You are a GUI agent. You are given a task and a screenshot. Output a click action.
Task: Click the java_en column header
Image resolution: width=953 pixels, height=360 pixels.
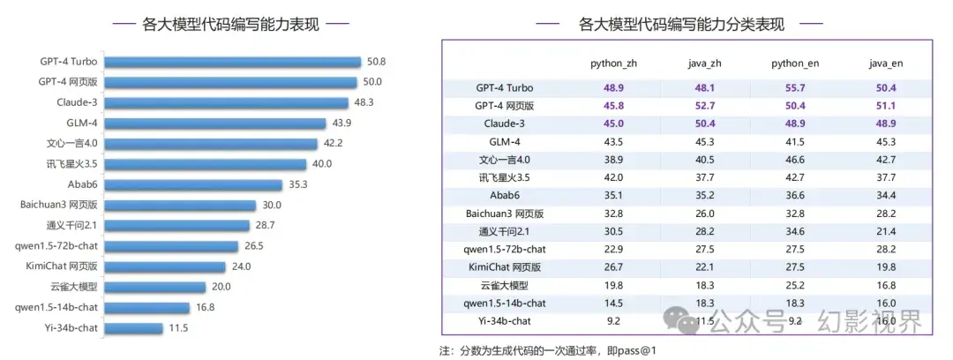pos(886,64)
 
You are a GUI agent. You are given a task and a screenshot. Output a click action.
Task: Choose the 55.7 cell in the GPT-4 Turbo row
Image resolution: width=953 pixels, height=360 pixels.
pos(794,88)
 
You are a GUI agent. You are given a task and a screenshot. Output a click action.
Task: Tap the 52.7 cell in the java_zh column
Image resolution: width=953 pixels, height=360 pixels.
pos(702,106)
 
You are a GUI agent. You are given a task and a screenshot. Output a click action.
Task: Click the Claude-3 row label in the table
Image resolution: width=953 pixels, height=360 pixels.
pos(505,124)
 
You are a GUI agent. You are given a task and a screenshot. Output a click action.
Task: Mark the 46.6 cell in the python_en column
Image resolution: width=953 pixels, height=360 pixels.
pos(794,160)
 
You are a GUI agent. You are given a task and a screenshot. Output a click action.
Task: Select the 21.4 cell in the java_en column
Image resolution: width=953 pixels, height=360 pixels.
pos(886,231)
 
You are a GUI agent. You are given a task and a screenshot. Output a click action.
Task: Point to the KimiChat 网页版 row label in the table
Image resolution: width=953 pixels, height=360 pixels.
pos(505,267)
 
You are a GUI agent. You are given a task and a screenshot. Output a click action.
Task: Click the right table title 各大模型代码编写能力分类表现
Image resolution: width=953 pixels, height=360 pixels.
pos(682,24)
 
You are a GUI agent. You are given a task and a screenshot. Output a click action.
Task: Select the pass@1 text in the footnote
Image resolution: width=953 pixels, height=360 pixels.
pos(637,349)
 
